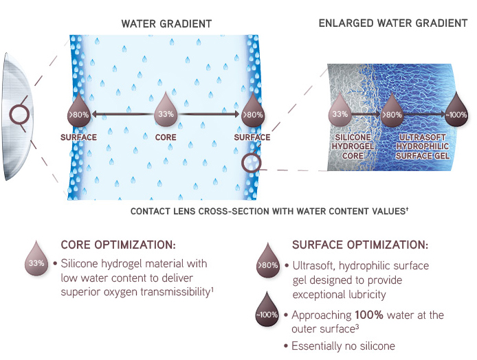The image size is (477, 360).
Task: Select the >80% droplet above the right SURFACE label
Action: [x=252, y=113]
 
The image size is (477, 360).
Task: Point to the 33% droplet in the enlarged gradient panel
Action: [x=340, y=111]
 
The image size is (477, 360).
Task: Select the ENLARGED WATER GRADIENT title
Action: [x=393, y=23]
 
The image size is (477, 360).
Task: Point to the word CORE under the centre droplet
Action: [x=166, y=137]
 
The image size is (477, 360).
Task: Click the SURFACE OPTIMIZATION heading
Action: [x=360, y=245]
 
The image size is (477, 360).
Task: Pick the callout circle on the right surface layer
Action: [x=252, y=164]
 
